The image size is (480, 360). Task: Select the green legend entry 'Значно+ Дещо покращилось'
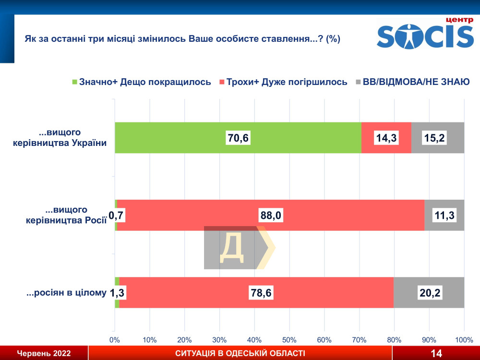141,82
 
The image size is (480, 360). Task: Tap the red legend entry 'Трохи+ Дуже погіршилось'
283,82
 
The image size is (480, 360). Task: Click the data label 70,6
239,138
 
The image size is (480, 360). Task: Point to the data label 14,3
386,138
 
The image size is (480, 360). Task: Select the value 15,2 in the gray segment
435,138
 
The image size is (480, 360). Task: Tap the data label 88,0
271,216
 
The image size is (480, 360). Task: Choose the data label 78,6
261,293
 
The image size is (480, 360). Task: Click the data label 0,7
117,216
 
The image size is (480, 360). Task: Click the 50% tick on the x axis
289,340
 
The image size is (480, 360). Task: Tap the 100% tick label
464,340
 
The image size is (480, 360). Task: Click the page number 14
436,354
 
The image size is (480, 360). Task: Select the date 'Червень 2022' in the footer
44,354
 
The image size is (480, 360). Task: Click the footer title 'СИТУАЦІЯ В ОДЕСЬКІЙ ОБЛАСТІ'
240,354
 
